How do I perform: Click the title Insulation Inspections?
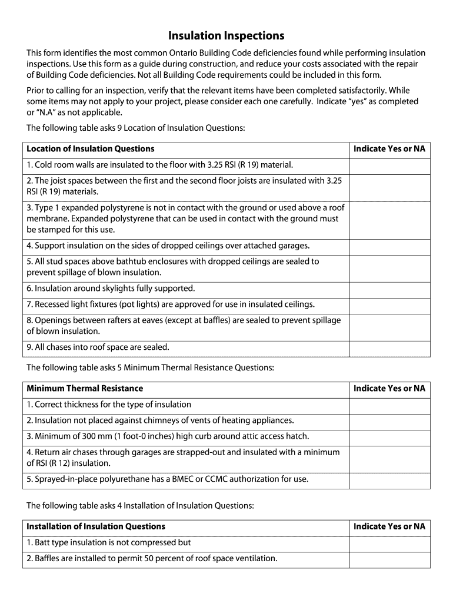coord(226,36)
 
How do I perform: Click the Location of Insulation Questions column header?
coord(91,149)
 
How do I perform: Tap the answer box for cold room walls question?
coord(389,165)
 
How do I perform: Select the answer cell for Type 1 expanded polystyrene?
coord(389,218)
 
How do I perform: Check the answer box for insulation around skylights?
coord(389,289)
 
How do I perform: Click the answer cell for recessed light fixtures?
coord(389,304)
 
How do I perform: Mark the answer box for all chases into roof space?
coord(389,347)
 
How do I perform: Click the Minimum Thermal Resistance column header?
coord(85,389)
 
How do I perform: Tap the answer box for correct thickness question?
coord(389,405)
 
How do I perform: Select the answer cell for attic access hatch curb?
coord(389,436)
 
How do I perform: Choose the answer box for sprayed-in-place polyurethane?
coord(389,479)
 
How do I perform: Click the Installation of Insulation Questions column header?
coord(96,526)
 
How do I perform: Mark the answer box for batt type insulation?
coord(389,542)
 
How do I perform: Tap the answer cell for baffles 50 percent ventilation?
coord(389,558)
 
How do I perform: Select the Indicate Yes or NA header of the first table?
coord(389,149)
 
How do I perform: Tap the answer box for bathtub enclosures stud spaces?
coord(389,267)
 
